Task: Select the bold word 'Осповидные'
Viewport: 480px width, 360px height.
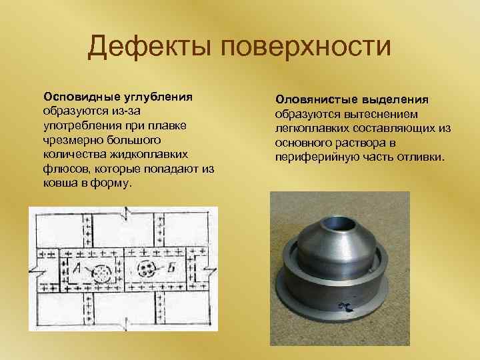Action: (79, 95)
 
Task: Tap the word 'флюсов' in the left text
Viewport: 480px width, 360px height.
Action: (64, 169)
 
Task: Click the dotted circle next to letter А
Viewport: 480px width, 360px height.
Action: (102, 272)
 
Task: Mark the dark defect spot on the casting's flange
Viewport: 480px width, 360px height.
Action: (347, 306)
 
